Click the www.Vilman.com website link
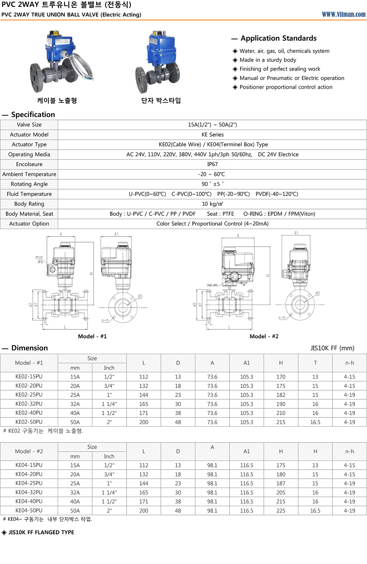click(x=343, y=14)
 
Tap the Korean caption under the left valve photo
click(x=57, y=100)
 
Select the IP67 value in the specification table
click(x=212, y=164)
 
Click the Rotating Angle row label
click(x=29, y=184)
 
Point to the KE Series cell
click(x=212, y=135)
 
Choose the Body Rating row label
click(x=29, y=204)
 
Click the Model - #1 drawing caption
click(x=92, y=336)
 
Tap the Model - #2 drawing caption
click(x=264, y=336)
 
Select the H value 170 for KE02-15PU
click(x=281, y=377)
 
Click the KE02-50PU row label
click(x=29, y=422)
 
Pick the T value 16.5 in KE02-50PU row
click(x=315, y=422)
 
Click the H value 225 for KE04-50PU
click(x=281, y=511)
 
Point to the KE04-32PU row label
click(x=29, y=492)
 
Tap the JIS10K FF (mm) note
click(x=332, y=348)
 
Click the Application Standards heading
click(x=278, y=38)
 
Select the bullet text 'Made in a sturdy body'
click(x=268, y=60)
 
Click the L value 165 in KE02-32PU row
click(x=143, y=404)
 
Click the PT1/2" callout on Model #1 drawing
click(x=39, y=258)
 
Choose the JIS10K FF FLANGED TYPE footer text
click(x=41, y=532)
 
